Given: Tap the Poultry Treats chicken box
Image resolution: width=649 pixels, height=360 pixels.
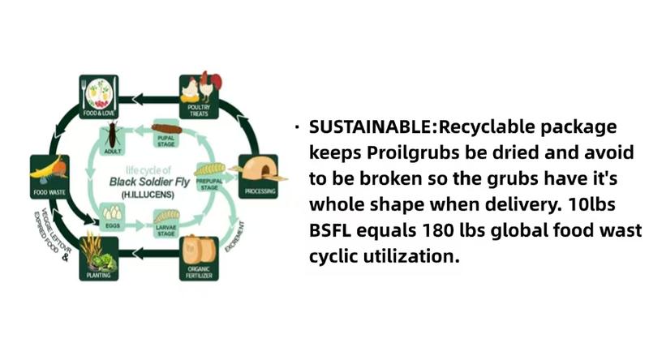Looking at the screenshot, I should (x=199, y=94).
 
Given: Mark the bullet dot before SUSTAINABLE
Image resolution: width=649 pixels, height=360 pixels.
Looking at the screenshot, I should (x=299, y=127).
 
